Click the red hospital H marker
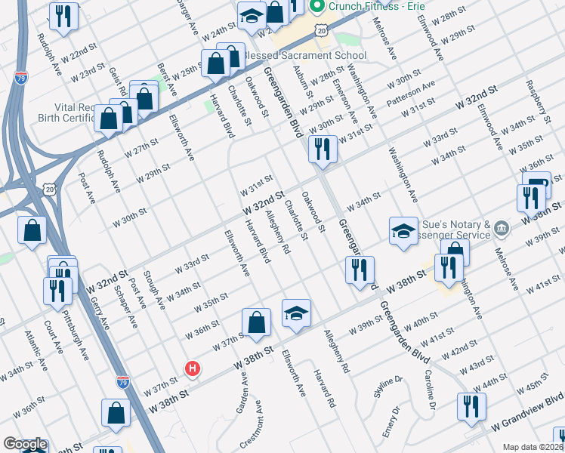pyautogui.click(x=193, y=368)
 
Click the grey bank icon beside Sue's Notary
pyautogui.click(x=505, y=227)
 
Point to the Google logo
pyautogui.click(x=24, y=445)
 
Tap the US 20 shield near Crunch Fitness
pyautogui.click(x=323, y=30)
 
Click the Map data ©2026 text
pyautogui.click(x=533, y=447)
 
